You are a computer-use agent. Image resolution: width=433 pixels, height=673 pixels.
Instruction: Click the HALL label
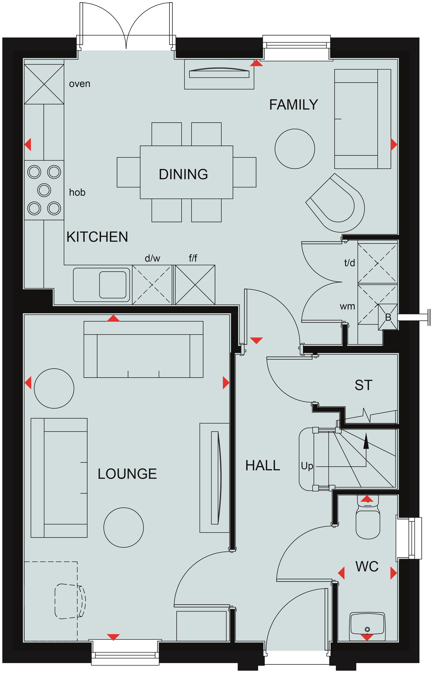263,466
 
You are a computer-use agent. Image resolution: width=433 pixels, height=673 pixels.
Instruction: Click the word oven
80,84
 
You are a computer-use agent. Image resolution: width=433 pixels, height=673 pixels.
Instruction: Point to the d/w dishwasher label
152,258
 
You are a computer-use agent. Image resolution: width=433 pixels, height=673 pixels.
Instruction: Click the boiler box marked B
388,317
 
